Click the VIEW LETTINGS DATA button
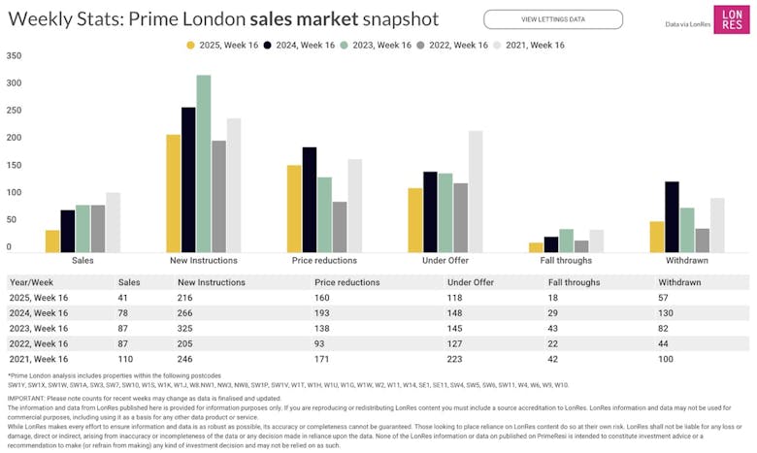coord(553,19)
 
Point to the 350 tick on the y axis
coord(14,55)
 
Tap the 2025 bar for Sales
coord(52,242)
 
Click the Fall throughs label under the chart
coord(568,261)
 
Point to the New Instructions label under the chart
coord(204,261)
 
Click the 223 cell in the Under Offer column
coord(454,360)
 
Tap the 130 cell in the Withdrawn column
coord(667,313)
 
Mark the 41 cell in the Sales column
coord(123,298)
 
